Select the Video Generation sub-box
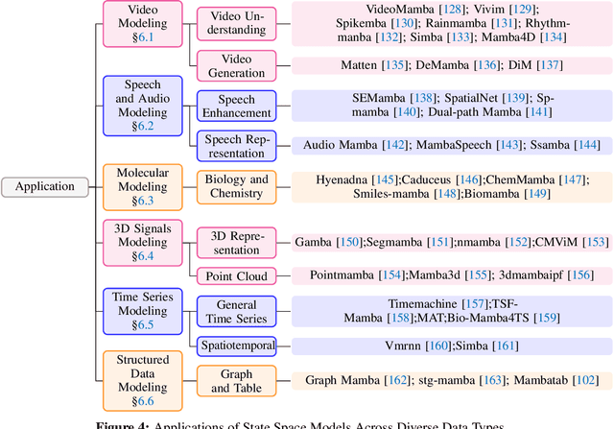[236, 65]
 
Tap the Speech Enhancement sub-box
[236, 106]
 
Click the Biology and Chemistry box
[236, 186]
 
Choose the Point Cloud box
[236, 275]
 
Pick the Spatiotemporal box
[236, 345]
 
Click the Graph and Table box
[236, 380]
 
